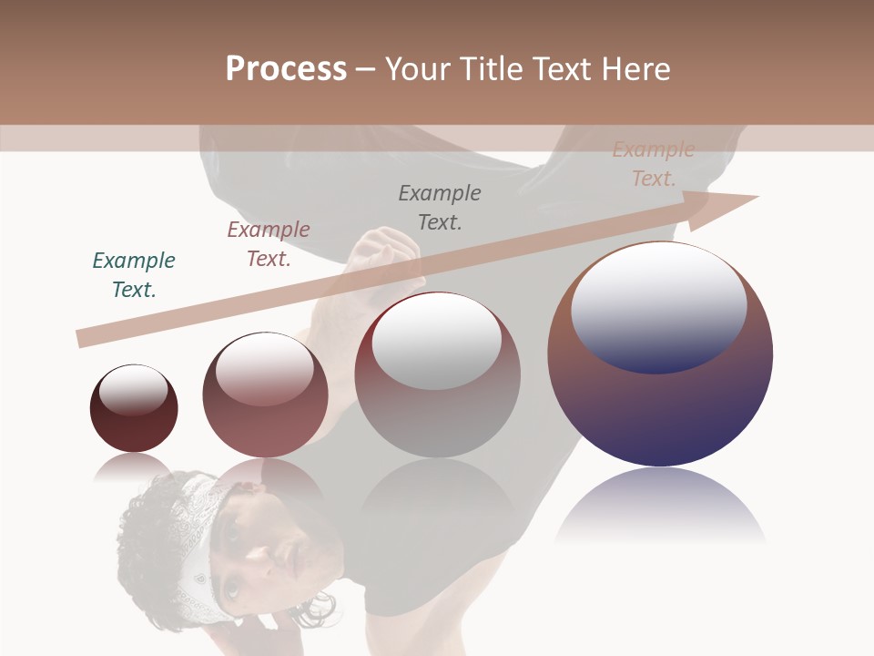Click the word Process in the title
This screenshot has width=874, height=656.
click(286, 69)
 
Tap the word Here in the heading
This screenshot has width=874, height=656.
click(635, 69)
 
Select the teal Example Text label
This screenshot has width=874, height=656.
click(134, 274)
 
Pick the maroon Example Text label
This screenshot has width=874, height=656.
click(269, 243)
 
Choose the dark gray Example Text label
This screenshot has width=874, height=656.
click(440, 207)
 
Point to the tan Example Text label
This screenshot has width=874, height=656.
click(653, 164)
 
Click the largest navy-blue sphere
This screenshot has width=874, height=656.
click(660, 410)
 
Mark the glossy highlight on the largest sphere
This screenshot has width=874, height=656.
click(659, 305)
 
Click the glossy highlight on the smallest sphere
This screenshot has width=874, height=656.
click(133, 390)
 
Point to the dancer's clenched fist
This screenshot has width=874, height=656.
click(382, 251)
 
